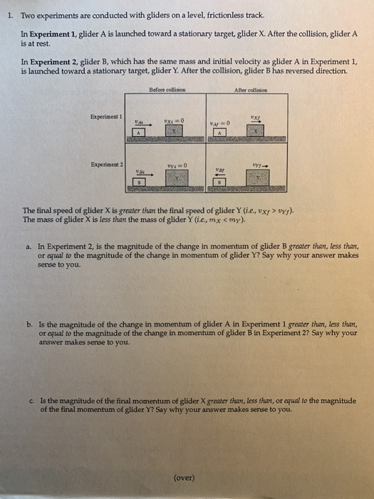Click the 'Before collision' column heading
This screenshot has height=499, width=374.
[x=167, y=89]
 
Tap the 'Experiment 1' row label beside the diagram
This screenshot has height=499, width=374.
[x=106, y=115]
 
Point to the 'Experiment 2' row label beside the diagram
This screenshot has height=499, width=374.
[x=106, y=164]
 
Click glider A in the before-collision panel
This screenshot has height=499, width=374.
[x=140, y=133]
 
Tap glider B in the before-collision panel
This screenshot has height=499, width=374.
[x=140, y=182]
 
